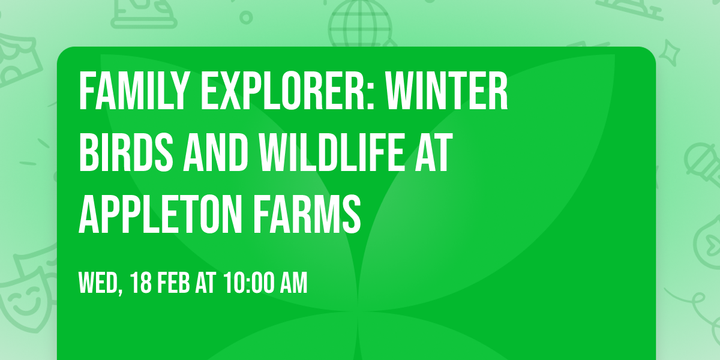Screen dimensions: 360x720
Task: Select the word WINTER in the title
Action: point(447,92)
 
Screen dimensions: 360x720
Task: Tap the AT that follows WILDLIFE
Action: point(430,154)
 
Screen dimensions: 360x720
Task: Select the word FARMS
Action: point(319,216)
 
